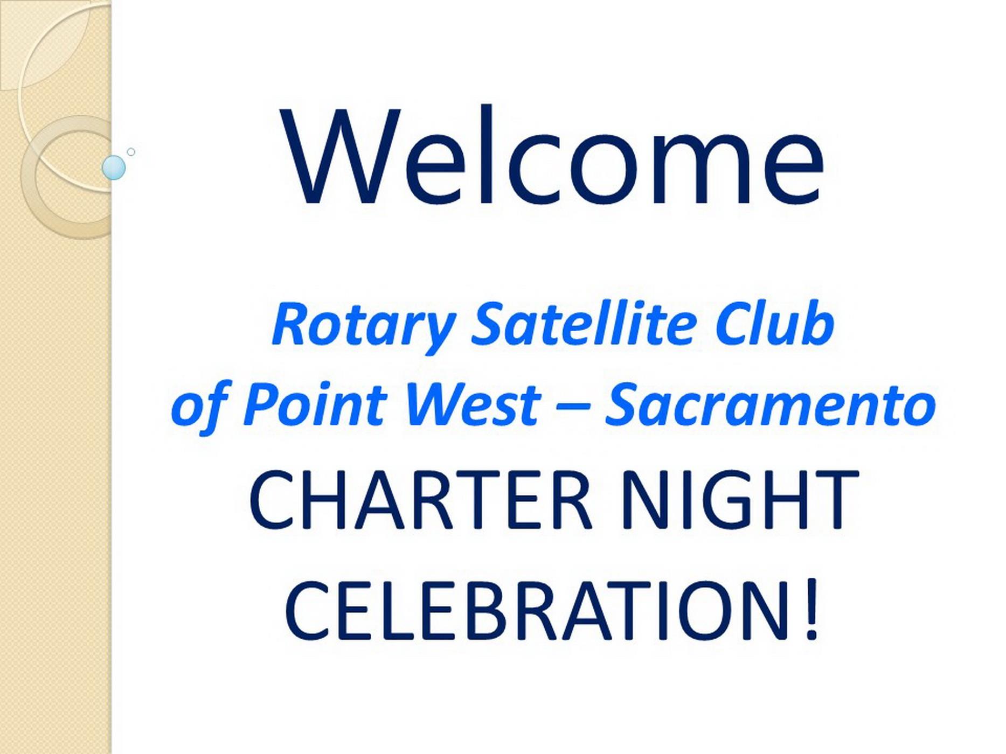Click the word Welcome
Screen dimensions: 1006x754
tap(552, 156)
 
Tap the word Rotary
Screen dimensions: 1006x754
tap(364, 326)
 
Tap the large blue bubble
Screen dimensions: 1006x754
tap(114, 167)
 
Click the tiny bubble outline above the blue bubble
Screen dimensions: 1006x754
tap(131, 152)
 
